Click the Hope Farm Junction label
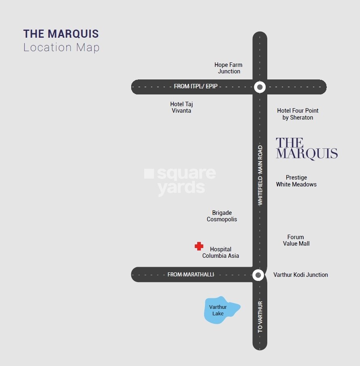[228, 68]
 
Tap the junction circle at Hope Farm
[260, 87]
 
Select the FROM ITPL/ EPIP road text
[196, 86]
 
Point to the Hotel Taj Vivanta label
[181, 107]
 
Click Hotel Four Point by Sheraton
[298, 114]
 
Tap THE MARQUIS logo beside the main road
[307, 148]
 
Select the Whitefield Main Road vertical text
[260, 175]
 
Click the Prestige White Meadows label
[296, 181]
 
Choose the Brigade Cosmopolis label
[222, 216]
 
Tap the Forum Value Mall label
[296, 240]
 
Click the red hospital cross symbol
[199, 246]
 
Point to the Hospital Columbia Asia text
[221, 253]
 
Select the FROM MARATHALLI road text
[191, 275]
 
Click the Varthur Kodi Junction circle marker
[258, 275]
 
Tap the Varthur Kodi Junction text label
[300, 275]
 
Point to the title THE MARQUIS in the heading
[61, 34]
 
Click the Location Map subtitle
[62, 47]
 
